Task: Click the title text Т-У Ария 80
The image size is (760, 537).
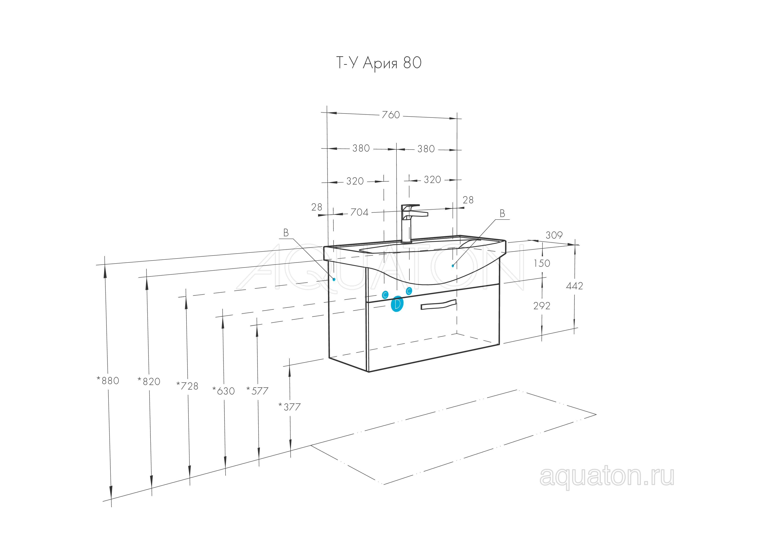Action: click(x=379, y=63)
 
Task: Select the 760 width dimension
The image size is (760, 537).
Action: click(x=391, y=115)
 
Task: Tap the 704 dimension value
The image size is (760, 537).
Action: click(x=359, y=212)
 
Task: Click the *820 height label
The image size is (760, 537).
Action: click(x=149, y=382)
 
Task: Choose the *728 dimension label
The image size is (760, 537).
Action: click(x=187, y=386)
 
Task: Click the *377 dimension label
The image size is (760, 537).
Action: click(x=290, y=407)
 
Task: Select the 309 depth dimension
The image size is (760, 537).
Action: click(x=554, y=235)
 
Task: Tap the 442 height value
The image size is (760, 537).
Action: click(x=574, y=286)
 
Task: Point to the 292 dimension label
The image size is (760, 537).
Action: click(x=542, y=306)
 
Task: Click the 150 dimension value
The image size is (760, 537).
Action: click(x=542, y=263)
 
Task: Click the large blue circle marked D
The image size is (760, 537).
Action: click(x=397, y=304)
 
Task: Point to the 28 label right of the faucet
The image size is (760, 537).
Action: click(x=468, y=200)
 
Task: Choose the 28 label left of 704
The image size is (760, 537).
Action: click(x=317, y=207)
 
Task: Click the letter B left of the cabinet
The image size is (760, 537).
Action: click(x=286, y=233)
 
